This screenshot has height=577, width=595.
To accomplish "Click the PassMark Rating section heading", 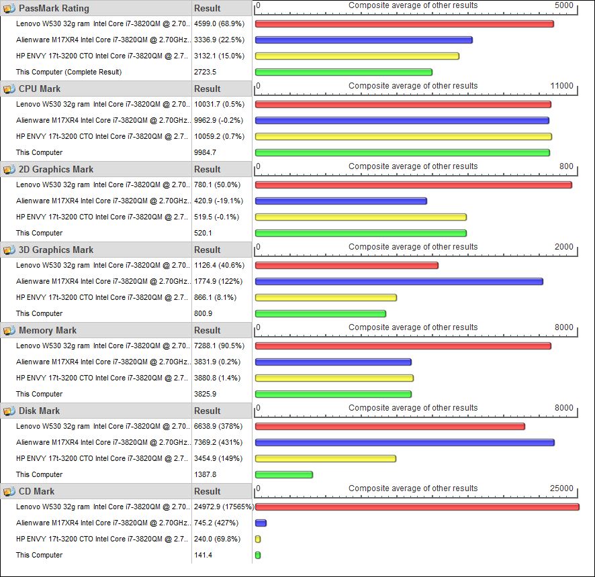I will click(54, 8).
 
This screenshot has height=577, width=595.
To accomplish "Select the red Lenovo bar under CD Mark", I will click(416, 507).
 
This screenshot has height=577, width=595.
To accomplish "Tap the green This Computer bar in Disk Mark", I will click(284, 474).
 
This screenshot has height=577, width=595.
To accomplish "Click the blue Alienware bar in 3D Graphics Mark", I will click(399, 281).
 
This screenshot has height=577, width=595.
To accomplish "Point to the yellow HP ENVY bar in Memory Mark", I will click(334, 378).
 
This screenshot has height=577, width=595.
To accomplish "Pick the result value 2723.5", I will click(205, 72).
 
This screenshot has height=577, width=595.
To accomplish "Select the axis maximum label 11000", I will click(561, 86).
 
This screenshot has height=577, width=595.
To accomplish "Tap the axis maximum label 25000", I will click(561, 488).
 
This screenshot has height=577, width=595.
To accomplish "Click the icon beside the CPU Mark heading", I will click(9, 89).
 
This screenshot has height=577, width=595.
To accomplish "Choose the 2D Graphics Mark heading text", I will click(56, 169).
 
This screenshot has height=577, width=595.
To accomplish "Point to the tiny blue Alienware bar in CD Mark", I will click(261, 523).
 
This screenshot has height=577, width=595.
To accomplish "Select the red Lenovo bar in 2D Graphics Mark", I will click(413, 185).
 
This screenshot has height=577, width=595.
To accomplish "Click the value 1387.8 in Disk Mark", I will click(205, 474).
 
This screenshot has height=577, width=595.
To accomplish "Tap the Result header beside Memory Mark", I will click(208, 330).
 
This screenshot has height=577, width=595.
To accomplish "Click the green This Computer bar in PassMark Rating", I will click(343, 72).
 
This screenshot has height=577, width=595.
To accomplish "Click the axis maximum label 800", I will click(566, 166).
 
